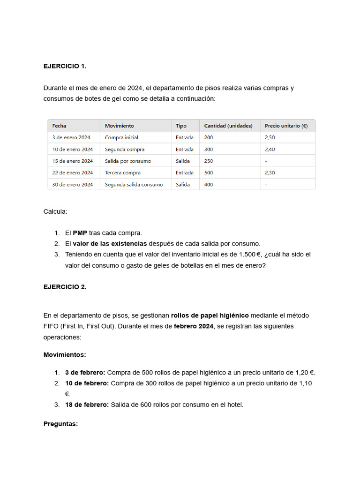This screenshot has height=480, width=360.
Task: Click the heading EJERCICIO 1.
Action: pyautogui.click(x=65, y=66)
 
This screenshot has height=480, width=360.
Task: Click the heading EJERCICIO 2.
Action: pyautogui.click(x=65, y=287)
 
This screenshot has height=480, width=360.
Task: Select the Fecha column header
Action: pyautogui.click(x=59, y=126)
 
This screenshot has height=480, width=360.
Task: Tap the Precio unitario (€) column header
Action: pyautogui.click(x=286, y=126)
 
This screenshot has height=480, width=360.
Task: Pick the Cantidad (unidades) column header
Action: pyautogui.click(x=228, y=126)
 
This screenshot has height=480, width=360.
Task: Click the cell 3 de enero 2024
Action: pyautogui.click(x=71, y=138)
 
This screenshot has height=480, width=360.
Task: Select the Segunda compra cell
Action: pyautogui.click(x=124, y=150)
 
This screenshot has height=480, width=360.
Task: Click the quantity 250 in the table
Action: pyautogui.click(x=209, y=161)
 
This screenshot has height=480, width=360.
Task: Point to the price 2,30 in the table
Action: pyautogui.click(x=270, y=173)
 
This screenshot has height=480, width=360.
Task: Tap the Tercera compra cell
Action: pyautogui.click(x=122, y=173)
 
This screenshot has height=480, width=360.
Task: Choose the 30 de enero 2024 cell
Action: pyautogui.click(x=73, y=185)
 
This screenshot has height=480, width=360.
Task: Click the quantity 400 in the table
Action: pyautogui.click(x=209, y=185)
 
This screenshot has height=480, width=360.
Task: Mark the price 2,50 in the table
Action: pyautogui.click(x=270, y=138)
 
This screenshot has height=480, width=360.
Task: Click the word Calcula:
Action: pyautogui.click(x=55, y=211)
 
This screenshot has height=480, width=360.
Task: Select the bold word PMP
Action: pyautogui.click(x=80, y=233)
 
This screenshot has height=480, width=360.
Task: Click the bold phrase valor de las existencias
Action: pyautogui.click(x=110, y=244)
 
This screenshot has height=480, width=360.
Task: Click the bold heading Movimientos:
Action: pyautogui.click(x=65, y=355)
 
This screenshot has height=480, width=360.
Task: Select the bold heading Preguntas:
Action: pyautogui.click(x=60, y=424)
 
